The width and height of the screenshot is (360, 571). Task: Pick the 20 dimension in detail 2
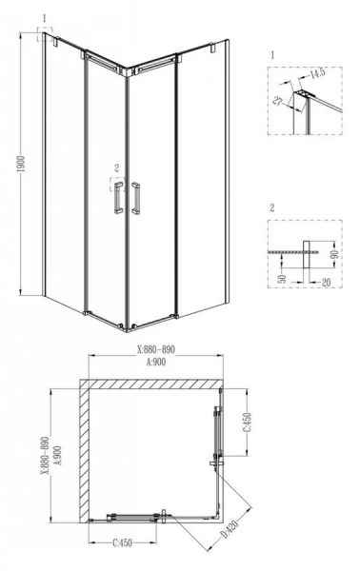pos(326,282)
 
